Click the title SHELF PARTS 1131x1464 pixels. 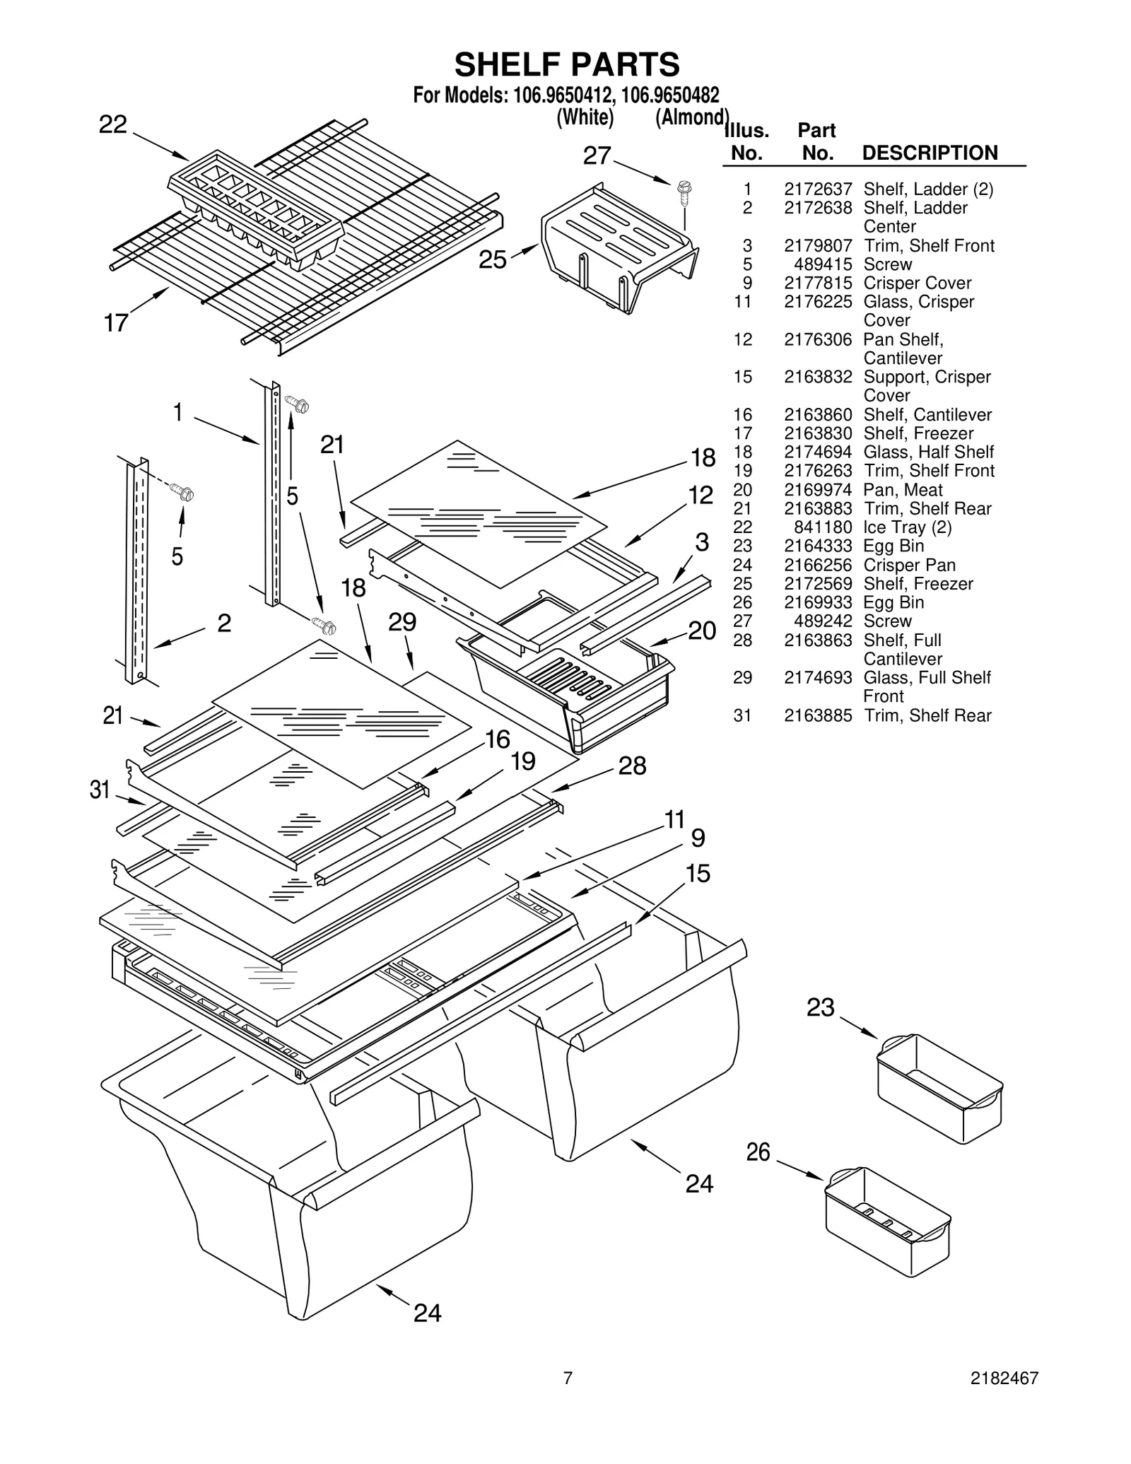click(x=566, y=64)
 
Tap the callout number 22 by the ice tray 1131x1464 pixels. click(x=112, y=125)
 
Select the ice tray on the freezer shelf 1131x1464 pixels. click(x=255, y=209)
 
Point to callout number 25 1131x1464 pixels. click(x=492, y=260)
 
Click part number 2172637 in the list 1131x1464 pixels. click(x=817, y=189)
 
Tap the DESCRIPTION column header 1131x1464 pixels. click(x=930, y=153)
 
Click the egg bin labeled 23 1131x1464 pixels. click(x=939, y=1088)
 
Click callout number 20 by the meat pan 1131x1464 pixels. click(x=701, y=630)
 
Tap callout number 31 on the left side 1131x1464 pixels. click(x=100, y=790)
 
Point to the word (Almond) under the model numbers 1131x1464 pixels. click(x=691, y=117)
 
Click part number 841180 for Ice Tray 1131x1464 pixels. click(x=823, y=527)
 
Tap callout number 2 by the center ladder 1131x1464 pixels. click(x=223, y=623)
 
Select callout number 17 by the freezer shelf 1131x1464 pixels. click(x=116, y=323)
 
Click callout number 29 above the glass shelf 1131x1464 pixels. click(x=402, y=622)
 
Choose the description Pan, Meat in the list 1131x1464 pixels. click(x=903, y=490)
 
